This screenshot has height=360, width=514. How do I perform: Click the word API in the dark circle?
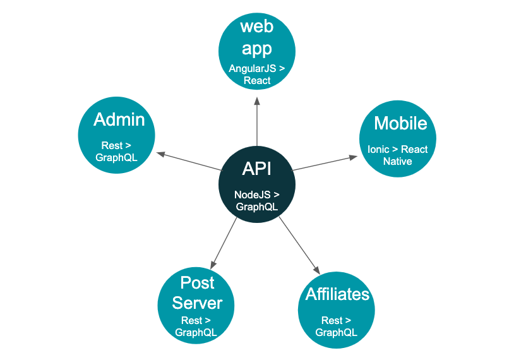256,169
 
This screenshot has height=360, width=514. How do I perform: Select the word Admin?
119,119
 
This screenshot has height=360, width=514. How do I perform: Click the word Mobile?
400,123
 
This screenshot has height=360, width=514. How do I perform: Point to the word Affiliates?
337,294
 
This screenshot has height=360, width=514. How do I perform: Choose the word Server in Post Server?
198,303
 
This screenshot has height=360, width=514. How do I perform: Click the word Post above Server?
198,282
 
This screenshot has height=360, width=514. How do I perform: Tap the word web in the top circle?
256,27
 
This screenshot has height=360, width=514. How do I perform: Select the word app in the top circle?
256,49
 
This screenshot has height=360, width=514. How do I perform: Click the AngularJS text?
253,68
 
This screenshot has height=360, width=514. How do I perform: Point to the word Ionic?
378,150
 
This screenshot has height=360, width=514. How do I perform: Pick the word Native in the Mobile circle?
398,161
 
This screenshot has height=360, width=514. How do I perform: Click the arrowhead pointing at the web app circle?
257,101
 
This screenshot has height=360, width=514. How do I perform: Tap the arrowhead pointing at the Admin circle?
160,153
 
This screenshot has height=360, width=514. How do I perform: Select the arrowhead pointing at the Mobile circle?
354,157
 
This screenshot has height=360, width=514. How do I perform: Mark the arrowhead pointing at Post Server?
213,265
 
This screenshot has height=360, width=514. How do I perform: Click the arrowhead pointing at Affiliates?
316,270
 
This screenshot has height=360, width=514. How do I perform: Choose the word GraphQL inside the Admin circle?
116,158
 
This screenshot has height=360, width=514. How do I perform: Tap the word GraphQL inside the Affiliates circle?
337,332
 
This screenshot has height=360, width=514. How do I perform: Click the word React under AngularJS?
257,80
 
